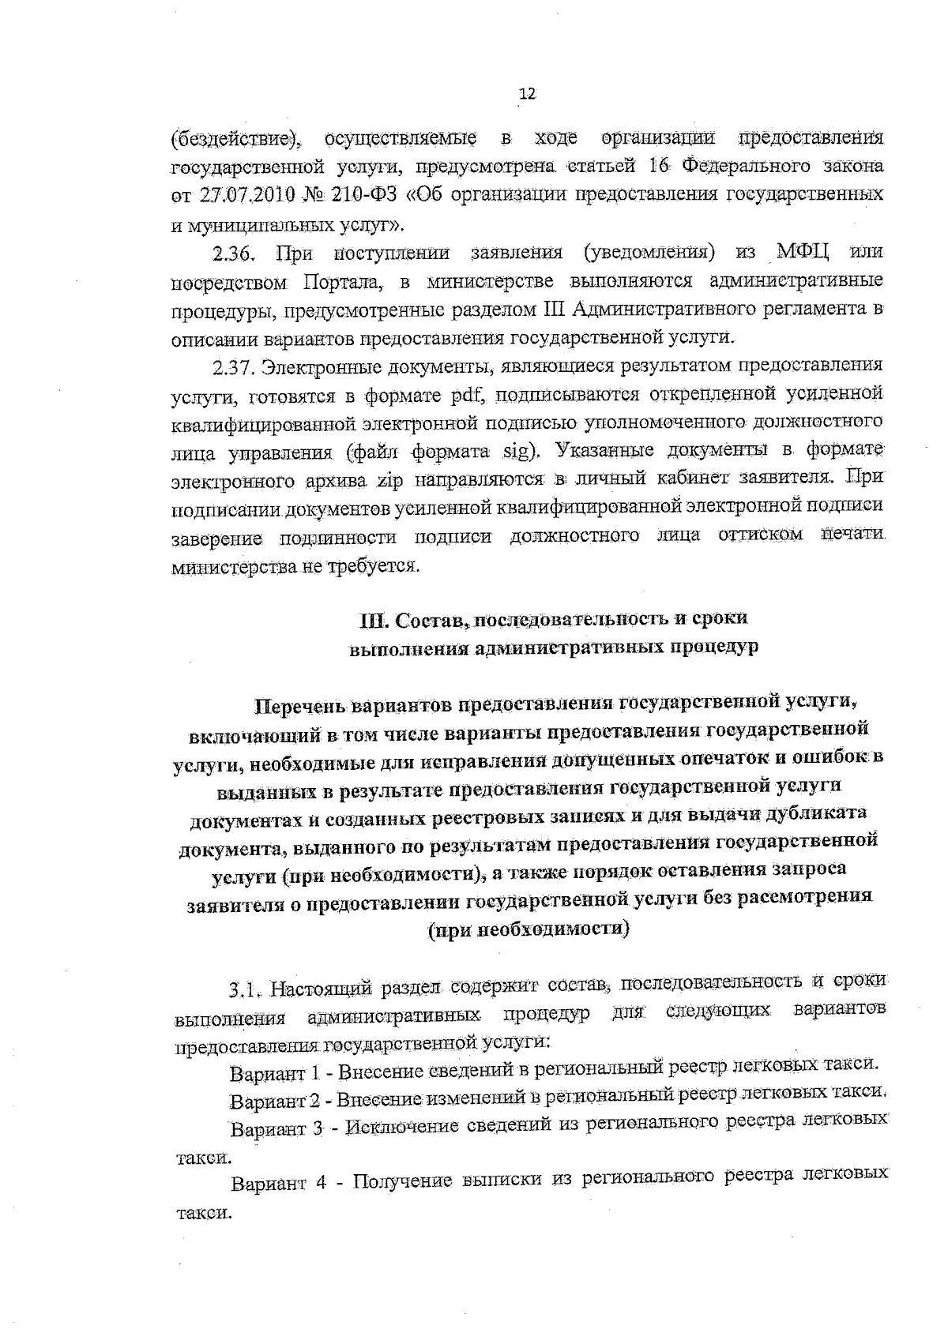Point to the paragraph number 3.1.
coord(245,988)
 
